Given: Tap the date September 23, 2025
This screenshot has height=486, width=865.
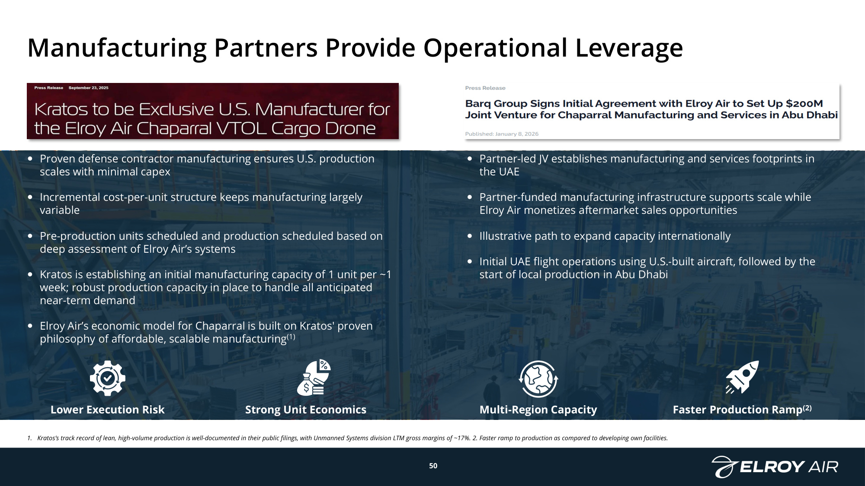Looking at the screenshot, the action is [89, 88].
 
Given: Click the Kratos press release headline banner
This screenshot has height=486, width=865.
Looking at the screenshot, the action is [213, 111].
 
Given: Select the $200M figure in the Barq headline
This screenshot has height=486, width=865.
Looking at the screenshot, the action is [804, 104].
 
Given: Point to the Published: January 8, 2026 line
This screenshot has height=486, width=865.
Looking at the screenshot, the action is [502, 134].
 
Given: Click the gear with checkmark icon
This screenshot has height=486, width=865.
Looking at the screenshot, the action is [108, 378].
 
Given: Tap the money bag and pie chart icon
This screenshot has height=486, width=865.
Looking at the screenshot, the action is [314, 378].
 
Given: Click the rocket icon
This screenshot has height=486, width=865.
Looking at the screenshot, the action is [742, 377].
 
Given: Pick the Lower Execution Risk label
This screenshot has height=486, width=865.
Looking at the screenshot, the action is [108, 410].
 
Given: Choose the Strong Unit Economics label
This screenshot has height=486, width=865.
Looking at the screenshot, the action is [306, 410].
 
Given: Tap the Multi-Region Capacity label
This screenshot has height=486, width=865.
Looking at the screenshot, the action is [538, 410].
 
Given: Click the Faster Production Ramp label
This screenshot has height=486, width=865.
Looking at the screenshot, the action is [742, 410].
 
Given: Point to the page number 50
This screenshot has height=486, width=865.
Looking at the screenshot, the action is [433, 466].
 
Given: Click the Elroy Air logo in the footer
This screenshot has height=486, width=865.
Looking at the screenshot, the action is [775, 467].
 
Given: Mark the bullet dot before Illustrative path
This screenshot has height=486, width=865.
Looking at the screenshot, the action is [470, 236].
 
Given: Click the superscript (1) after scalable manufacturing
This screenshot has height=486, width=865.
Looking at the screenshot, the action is [291, 336].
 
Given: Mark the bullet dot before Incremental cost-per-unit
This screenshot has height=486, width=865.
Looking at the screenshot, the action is [30, 197].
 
